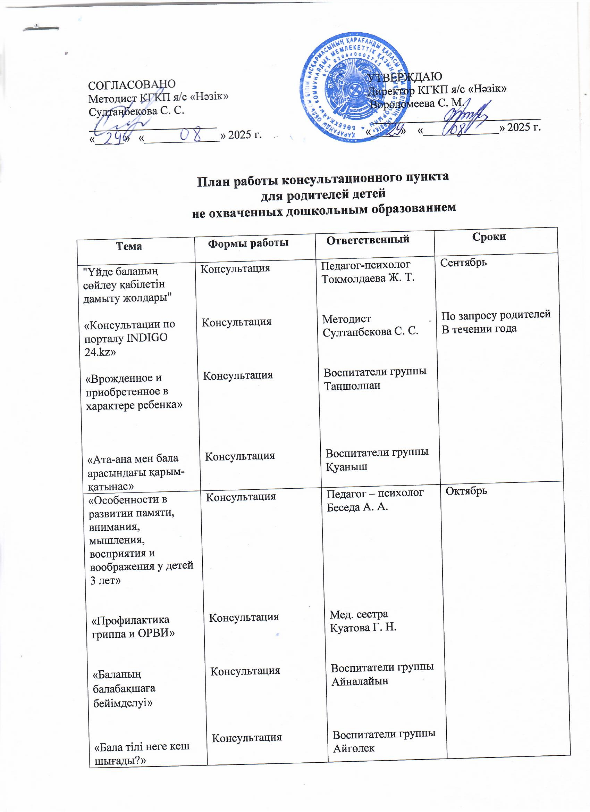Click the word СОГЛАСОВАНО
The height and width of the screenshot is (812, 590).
132,84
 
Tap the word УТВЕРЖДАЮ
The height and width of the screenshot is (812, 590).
405,76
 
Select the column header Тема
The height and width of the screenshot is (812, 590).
129,246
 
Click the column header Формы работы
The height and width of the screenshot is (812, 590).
248,243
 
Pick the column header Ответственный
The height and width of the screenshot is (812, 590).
368,240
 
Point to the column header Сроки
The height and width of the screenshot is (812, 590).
489,236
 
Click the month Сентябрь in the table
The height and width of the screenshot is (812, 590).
463,263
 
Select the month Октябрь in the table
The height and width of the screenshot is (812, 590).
466,490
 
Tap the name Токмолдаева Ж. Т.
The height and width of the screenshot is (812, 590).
368,279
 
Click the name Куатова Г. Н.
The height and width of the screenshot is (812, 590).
363,628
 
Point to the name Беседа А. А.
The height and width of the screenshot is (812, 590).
357,507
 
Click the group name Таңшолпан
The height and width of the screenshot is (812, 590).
352,386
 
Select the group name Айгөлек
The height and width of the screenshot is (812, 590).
354,748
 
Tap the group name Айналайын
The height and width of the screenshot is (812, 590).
360,681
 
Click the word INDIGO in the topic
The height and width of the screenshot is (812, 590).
147,338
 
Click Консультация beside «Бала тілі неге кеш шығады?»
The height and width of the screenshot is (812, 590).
247,738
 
